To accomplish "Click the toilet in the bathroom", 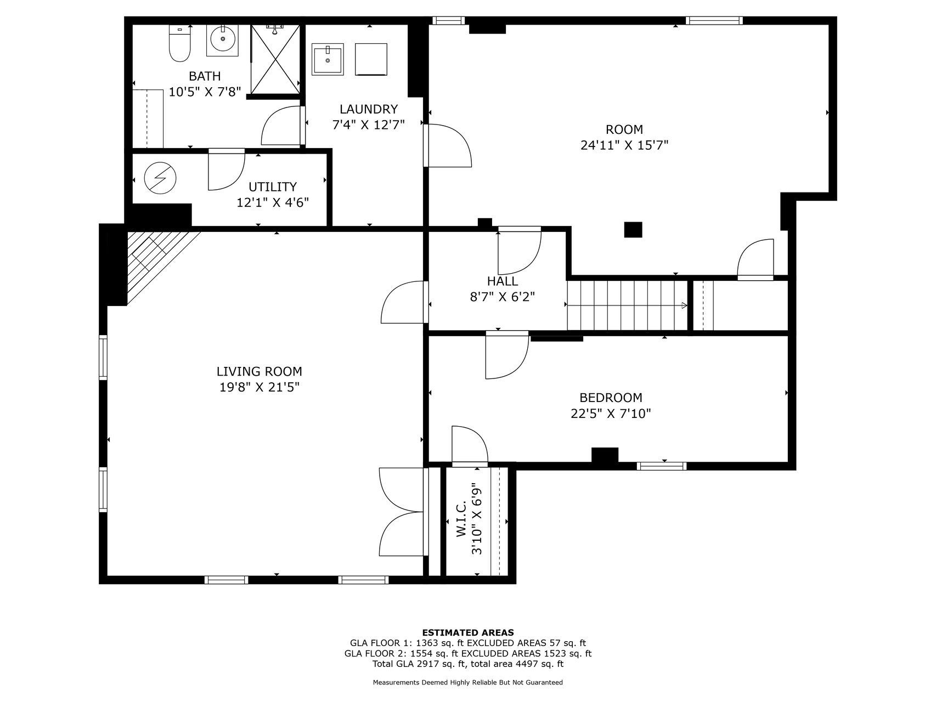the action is pos(179,43).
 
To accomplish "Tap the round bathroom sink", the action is pos(222,39).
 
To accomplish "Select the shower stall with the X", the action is pos(275,59).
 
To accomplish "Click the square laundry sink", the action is pos(328,59).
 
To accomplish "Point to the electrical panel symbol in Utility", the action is pos(160,178).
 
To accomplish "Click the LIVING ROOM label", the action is pos(259,371).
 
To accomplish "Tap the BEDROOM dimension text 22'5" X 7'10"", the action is pos(611,413).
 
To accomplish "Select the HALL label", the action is pos(503,281).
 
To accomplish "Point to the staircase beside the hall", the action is pos(627,305).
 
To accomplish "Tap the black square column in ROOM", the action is pos(633,229).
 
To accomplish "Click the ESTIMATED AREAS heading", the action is pos(468,632).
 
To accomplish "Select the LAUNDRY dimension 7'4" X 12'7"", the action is pos(369,124).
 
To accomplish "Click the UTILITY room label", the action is pos(273,186).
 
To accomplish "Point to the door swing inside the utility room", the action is pos(226,169).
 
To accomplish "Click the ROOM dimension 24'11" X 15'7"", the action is pos(624,145).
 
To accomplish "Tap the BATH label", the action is pos(205,76).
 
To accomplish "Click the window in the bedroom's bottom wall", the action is pos(662,466).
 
